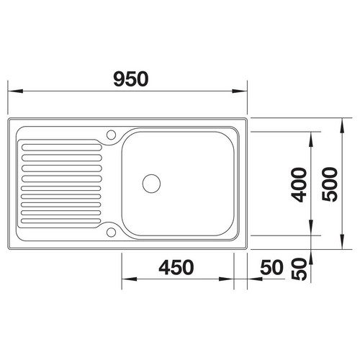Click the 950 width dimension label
pos(131,78)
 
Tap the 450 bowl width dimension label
pos(176,267)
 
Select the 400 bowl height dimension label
pos(299,184)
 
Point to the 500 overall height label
pos(330,184)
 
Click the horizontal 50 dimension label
pos(271,267)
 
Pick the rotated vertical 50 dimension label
pos(299,269)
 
